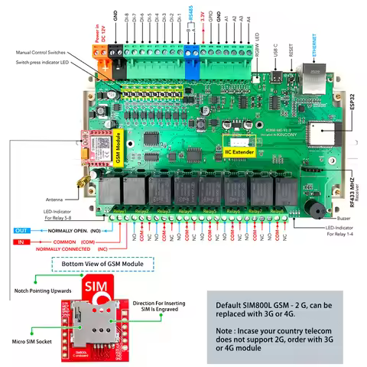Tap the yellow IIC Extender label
pos(240,143)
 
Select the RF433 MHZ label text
pos(352,190)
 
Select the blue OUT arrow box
pos(23,229)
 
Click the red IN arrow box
pos(23,240)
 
